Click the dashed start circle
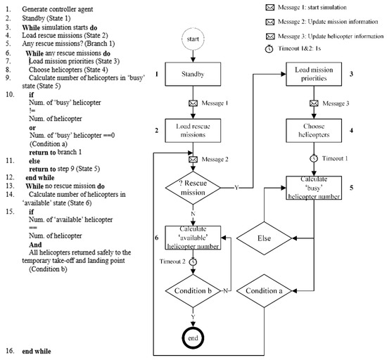pos(194,38)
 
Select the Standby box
pos(194,74)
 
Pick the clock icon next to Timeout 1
pos(316,158)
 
